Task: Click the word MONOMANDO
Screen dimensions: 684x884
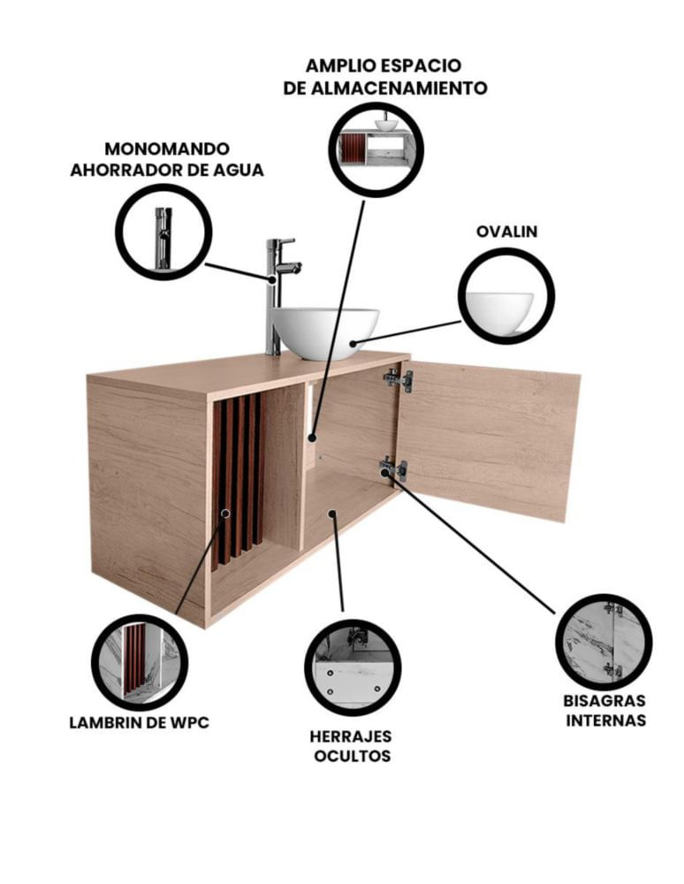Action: (x=167, y=149)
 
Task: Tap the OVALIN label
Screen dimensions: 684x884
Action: (x=506, y=232)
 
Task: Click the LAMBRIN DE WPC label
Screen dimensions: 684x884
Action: (x=139, y=722)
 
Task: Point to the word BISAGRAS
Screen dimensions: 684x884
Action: (x=604, y=701)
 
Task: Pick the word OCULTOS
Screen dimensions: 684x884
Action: (x=352, y=756)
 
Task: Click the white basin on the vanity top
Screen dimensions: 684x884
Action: (x=326, y=332)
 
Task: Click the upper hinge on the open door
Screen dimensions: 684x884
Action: (x=399, y=379)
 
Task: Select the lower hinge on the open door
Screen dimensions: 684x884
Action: (x=393, y=468)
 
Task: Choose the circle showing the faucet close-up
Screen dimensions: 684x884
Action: (x=164, y=232)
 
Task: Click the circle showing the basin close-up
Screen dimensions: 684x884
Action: (x=506, y=295)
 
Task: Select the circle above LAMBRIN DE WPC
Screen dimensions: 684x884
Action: (x=140, y=662)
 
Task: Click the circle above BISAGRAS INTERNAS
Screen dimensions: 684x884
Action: (x=604, y=641)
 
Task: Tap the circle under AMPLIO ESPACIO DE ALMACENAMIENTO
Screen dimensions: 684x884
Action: (x=376, y=149)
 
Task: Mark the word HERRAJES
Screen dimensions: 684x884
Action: (x=351, y=736)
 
